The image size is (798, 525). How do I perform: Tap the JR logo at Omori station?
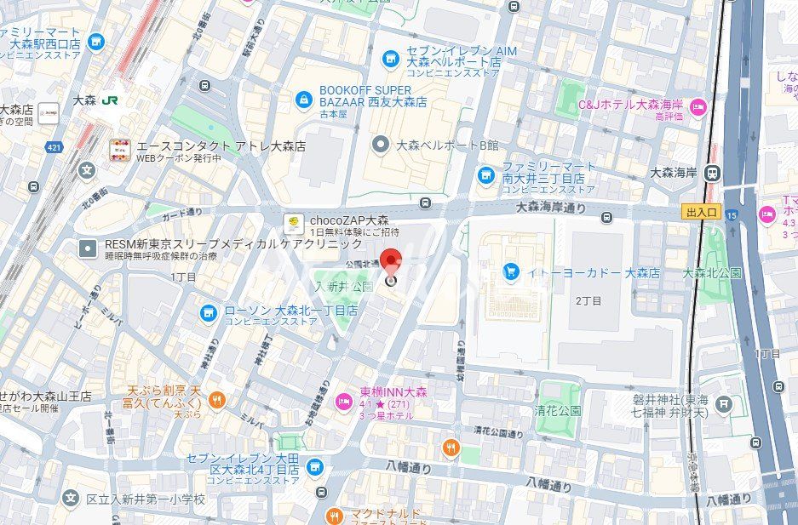click(109, 100)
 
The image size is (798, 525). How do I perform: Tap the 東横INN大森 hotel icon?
click(343, 402)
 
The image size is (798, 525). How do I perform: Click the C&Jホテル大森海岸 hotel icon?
click(698, 106)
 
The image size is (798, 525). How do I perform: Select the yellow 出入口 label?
click(700, 212)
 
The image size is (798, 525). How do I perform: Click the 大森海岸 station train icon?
click(713, 173)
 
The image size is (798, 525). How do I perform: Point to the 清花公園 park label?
click(559, 409)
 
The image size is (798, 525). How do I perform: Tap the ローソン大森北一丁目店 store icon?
click(208, 313)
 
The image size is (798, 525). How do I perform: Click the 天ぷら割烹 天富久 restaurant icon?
click(217, 400)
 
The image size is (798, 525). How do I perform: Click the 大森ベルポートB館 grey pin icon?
click(381, 145)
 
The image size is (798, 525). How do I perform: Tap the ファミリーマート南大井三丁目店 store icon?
click(485, 174)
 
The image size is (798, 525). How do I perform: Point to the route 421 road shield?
click(55, 147)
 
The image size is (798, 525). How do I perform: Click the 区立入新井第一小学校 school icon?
click(71, 498)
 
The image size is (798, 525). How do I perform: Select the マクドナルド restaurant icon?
click(334, 515)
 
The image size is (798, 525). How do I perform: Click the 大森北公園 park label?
click(712, 273)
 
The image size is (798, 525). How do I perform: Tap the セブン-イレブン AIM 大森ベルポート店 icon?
click(390, 58)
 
